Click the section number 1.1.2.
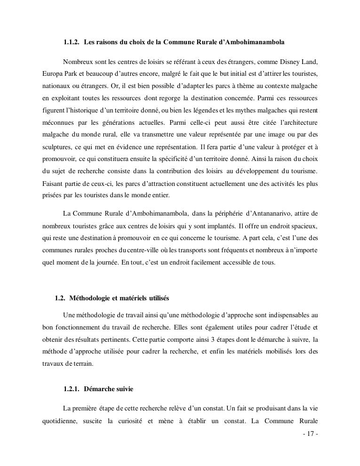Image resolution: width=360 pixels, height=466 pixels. pyautogui.click(x=72, y=42)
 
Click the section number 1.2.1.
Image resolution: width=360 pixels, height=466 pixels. pyautogui.click(x=72, y=389)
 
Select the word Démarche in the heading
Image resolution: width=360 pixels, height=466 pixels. pyautogui.click(x=99, y=389)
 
